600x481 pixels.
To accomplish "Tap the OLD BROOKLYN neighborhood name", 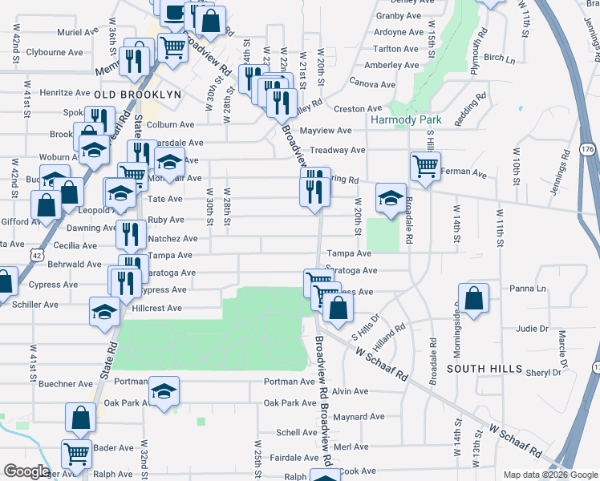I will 137,95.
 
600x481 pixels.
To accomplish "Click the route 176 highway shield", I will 588,150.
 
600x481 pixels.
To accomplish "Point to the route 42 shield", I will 39,254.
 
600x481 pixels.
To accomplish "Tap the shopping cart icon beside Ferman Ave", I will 425,167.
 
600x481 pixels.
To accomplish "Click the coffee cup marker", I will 173,12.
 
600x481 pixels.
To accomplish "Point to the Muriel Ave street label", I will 77,33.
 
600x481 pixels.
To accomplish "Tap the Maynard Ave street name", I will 359,417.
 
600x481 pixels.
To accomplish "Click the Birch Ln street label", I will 499,59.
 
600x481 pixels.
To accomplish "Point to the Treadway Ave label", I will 338,150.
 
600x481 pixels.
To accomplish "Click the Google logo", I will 26,471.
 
